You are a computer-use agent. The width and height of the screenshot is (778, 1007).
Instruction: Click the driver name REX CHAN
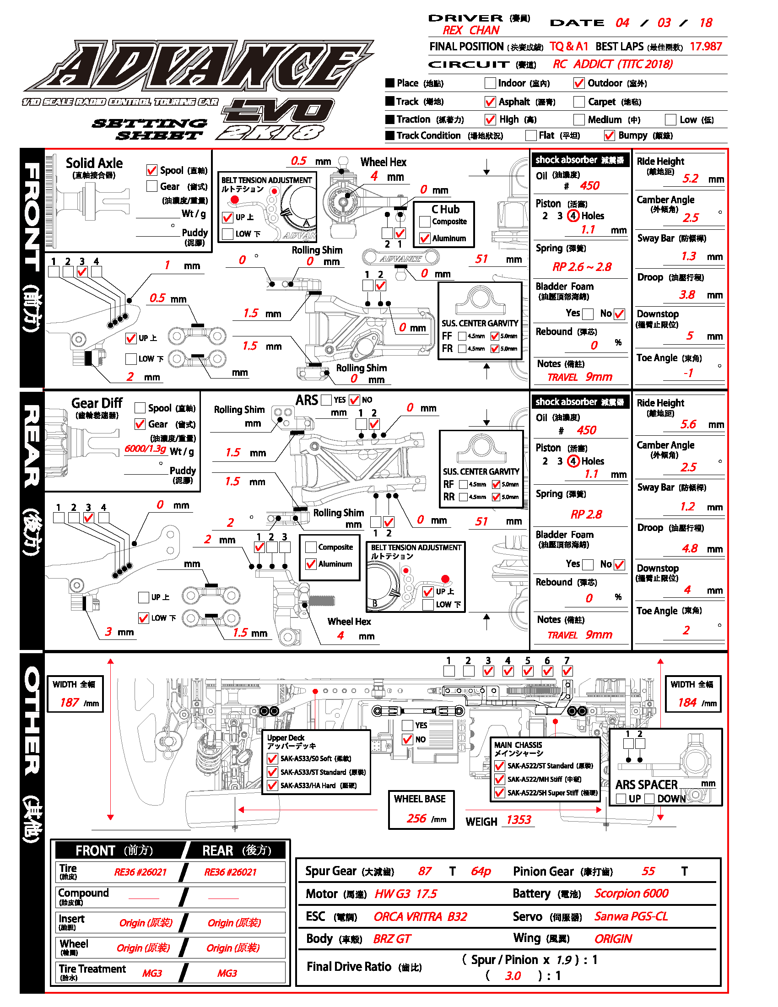click(x=470, y=30)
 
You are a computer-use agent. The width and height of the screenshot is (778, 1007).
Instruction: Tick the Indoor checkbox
click(x=490, y=83)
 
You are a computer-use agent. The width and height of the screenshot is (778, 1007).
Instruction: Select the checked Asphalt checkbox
click(x=490, y=102)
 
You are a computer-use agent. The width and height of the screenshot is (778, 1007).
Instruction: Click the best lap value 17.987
click(x=706, y=47)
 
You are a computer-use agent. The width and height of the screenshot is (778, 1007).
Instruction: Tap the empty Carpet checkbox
click(x=579, y=102)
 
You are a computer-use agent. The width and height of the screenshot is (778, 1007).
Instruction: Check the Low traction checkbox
click(x=670, y=120)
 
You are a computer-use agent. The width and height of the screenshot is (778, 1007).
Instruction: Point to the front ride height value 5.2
click(x=690, y=179)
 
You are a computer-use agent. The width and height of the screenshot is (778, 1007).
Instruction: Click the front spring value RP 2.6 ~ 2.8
click(x=582, y=267)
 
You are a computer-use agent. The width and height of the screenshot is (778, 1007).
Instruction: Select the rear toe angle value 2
click(x=686, y=630)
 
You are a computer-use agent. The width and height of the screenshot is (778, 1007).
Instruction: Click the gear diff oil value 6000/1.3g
click(x=145, y=449)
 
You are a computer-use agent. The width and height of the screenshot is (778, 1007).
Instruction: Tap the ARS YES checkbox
click(x=326, y=400)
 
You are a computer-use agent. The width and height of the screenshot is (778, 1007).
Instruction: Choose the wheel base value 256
click(x=416, y=818)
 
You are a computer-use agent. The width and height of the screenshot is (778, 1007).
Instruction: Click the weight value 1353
click(x=519, y=820)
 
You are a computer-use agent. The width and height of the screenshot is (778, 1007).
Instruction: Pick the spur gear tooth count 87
click(x=425, y=871)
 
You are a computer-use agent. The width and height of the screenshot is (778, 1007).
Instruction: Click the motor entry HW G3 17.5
click(x=405, y=894)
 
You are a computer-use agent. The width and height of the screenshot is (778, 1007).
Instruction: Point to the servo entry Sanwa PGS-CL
click(x=631, y=916)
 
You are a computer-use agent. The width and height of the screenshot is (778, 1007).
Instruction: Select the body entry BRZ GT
click(x=392, y=939)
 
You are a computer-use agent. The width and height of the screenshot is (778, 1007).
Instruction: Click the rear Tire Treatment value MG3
click(x=227, y=973)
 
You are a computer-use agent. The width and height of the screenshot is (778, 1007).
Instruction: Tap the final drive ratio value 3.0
click(x=513, y=976)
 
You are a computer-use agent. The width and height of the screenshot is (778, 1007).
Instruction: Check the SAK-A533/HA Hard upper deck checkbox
click(x=272, y=785)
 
